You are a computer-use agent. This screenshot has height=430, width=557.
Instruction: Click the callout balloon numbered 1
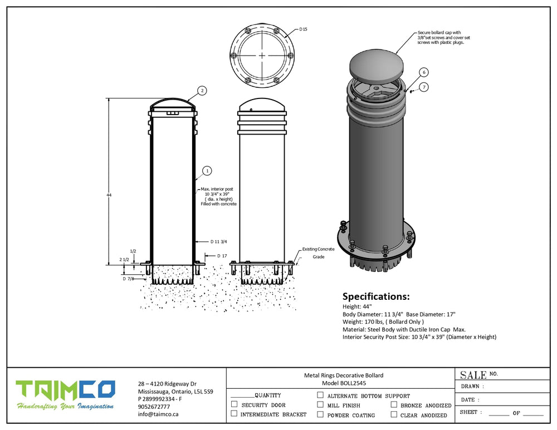pyautogui.click(x=207, y=171)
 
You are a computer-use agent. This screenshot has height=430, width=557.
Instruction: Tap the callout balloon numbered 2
pyautogui.click(x=202, y=90)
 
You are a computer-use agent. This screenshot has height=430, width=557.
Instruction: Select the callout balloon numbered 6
pyautogui.click(x=424, y=72)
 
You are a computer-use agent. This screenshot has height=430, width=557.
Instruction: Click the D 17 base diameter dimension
pyautogui.click(x=221, y=256)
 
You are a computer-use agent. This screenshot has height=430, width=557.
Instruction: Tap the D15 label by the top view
pyautogui.click(x=303, y=29)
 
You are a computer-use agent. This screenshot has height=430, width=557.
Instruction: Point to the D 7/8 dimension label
pyautogui.click(x=128, y=278)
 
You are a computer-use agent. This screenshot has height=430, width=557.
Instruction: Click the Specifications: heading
pyautogui.click(x=375, y=296)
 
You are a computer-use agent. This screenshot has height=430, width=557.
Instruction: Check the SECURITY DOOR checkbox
pyautogui.click(x=234, y=404)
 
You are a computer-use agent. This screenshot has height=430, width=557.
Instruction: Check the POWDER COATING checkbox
pyautogui.click(x=320, y=414)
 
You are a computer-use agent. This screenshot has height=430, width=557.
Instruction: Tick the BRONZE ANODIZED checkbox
pyautogui.click(x=394, y=405)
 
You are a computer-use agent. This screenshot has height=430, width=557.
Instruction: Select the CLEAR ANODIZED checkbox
pyautogui.click(x=394, y=414)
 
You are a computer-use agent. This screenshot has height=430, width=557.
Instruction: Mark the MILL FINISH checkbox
pyautogui.click(x=320, y=404)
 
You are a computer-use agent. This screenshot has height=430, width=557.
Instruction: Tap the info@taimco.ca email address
pyautogui.click(x=158, y=414)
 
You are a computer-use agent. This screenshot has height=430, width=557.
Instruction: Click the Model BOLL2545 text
pyautogui.click(x=344, y=383)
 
